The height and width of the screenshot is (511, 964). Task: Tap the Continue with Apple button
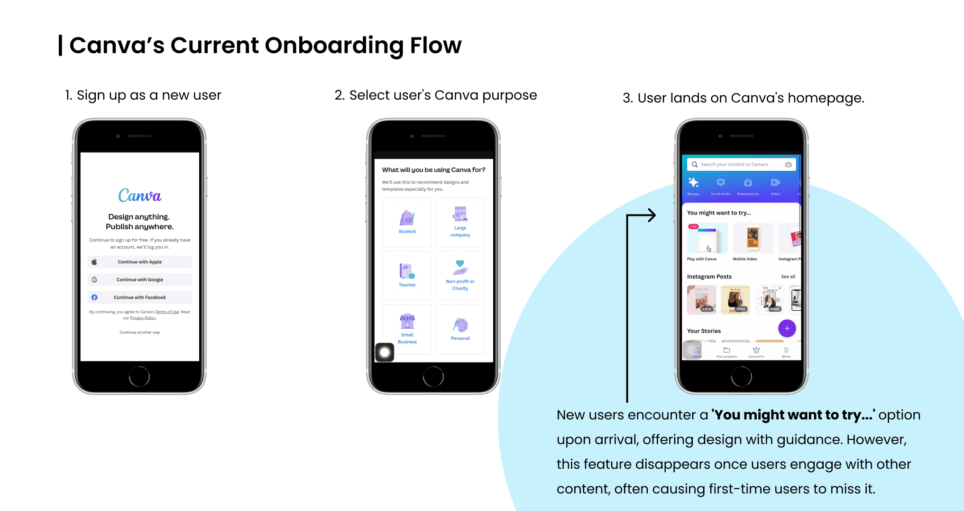click(x=139, y=262)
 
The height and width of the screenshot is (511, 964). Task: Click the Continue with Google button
click(x=139, y=279)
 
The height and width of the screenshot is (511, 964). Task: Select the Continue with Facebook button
click(x=139, y=297)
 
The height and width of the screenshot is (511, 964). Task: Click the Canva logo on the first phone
click(x=139, y=195)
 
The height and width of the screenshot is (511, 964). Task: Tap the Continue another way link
click(x=139, y=333)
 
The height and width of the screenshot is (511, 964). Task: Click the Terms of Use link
click(x=167, y=312)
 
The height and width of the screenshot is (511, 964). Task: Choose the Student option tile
click(x=407, y=222)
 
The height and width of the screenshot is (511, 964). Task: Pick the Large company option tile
click(x=460, y=222)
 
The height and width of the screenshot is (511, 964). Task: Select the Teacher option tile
click(x=407, y=276)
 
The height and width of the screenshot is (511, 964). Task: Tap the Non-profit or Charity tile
click(x=460, y=276)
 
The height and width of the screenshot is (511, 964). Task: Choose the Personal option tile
click(x=460, y=329)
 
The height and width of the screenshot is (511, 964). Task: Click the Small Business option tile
click(x=407, y=329)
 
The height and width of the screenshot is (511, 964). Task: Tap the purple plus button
click(x=787, y=328)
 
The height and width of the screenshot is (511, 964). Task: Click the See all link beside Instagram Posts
click(x=788, y=277)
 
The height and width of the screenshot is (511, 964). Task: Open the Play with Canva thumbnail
click(x=707, y=238)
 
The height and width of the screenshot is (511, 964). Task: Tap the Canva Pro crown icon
click(x=756, y=350)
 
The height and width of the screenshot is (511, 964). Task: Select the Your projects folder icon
click(x=726, y=350)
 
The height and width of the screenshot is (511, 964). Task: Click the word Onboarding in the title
click(x=334, y=46)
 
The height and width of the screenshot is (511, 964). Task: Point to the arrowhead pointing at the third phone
click(x=653, y=215)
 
